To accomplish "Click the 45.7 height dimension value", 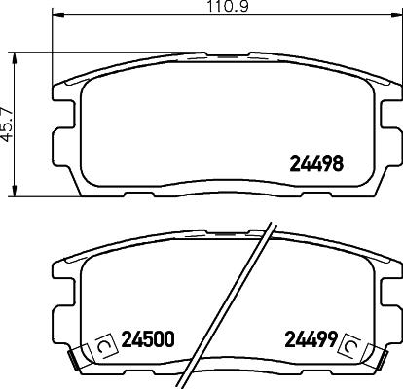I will tap(9, 124).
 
